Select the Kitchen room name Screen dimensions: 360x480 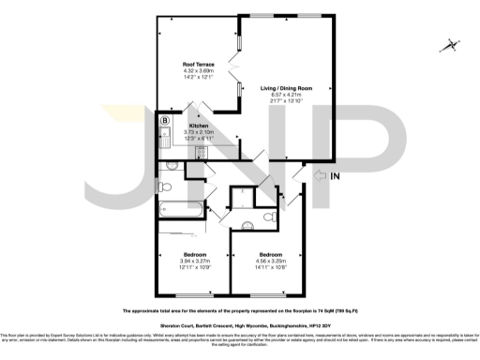(x=199, y=126)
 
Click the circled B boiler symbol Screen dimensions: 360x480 (x=165, y=120)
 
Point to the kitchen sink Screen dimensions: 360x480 (x=165, y=140)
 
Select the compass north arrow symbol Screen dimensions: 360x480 (x=451, y=43)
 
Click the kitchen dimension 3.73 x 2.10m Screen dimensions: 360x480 (x=200, y=132)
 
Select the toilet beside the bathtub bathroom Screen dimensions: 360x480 (x=173, y=165)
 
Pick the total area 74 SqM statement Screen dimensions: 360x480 (x=239, y=308)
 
